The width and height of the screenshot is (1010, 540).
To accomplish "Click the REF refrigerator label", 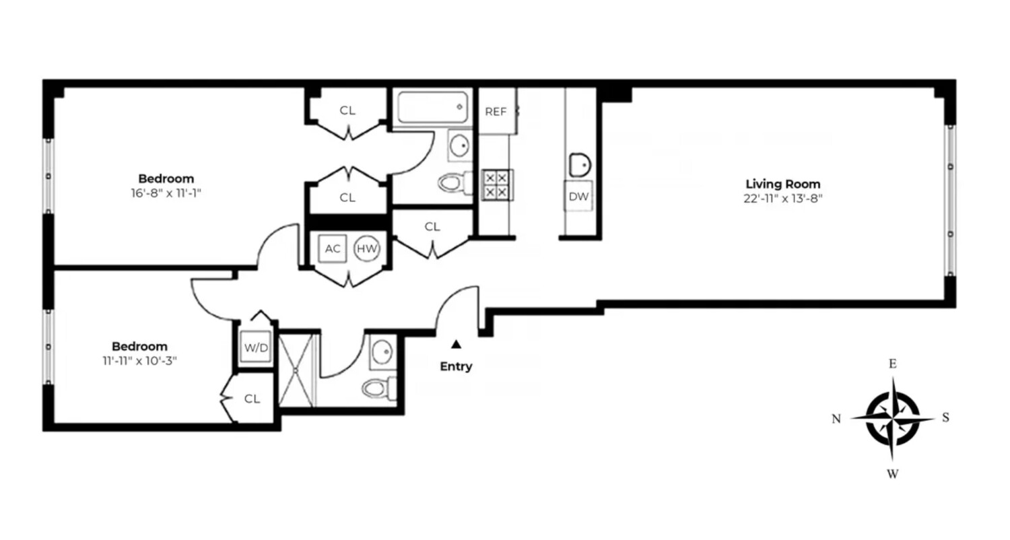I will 496,112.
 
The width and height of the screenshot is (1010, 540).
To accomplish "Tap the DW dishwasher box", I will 578,197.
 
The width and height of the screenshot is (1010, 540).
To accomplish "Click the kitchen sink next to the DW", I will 579,164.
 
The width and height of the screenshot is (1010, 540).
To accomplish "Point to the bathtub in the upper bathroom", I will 432,107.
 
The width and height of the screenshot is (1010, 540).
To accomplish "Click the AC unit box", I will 333,248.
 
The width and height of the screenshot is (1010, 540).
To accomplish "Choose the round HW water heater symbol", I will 367,248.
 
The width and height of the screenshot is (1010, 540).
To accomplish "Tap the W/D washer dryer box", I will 256,349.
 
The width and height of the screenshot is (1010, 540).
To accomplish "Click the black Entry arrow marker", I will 456,344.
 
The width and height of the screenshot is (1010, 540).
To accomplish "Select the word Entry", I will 456,367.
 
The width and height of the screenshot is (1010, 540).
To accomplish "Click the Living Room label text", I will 783,184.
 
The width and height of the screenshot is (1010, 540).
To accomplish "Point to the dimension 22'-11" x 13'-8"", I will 783,199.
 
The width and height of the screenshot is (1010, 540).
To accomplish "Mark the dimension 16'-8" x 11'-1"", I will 166,193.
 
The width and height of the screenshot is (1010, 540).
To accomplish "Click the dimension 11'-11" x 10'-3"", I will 139,361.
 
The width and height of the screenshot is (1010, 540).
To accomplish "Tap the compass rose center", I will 893,418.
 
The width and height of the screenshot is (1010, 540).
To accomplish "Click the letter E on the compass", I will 893,364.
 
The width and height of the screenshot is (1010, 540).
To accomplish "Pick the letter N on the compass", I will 836,419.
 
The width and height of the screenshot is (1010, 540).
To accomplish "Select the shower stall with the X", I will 297,370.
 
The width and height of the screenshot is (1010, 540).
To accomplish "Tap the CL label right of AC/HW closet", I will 432,227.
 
